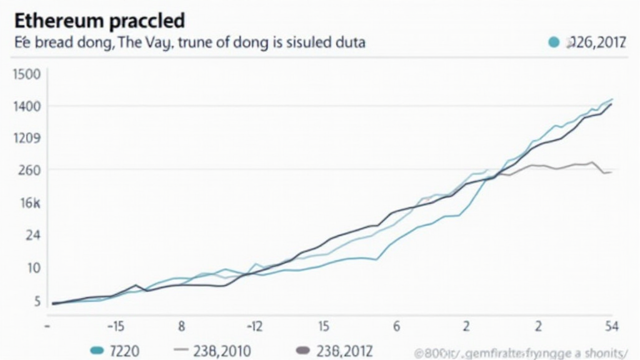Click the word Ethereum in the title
click(x=56, y=21)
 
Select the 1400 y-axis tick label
click(x=27, y=106)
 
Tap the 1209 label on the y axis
click(x=27, y=138)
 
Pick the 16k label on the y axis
click(x=29, y=203)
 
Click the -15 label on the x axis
click(x=116, y=326)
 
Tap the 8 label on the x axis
click(x=181, y=326)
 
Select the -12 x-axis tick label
click(x=254, y=326)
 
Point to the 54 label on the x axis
click(x=612, y=326)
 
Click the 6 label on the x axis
click(x=396, y=326)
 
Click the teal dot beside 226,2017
click(x=552, y=42)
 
